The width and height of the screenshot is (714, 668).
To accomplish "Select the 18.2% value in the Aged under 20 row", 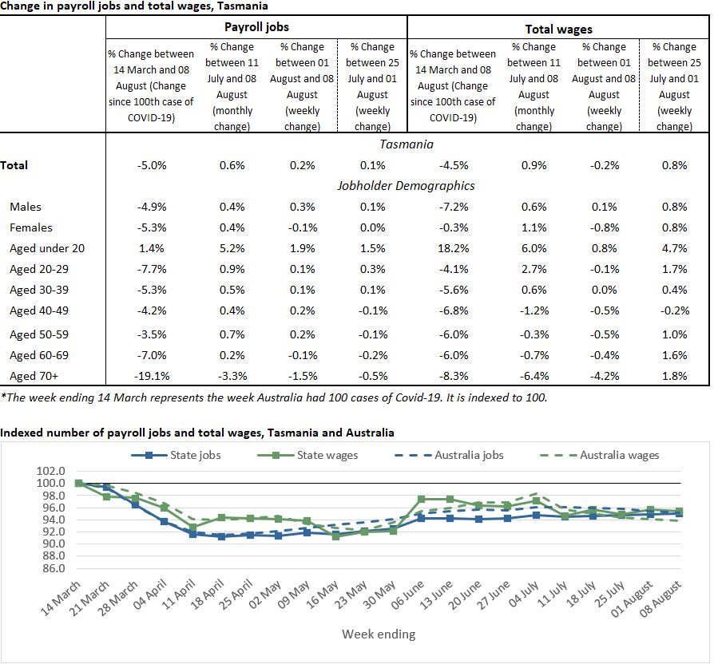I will (x=453, y=248).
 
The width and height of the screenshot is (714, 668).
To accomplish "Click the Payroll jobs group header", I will (x=256, y=27).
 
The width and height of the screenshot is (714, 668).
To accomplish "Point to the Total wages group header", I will (x=558, y=29).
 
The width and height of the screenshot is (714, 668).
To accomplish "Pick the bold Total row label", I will (x=14, y=165).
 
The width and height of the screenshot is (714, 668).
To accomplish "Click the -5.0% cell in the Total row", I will (x=151, y=165).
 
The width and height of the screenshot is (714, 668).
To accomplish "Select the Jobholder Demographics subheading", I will (x=407, y=185).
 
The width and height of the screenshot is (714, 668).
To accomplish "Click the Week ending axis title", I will (x=379, y=634).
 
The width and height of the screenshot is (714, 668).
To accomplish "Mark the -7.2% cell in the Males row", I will (x=453, y=207).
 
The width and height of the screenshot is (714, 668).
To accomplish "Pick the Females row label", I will (x=32, y=227).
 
